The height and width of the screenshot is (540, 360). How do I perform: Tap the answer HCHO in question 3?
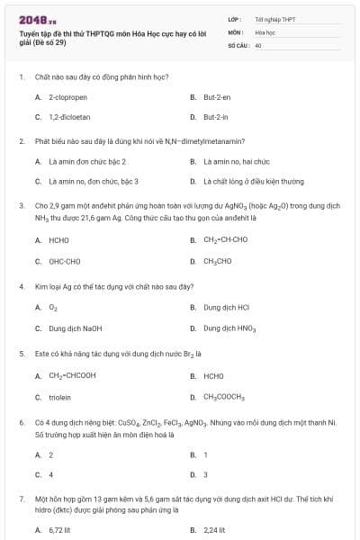tap(58, 240)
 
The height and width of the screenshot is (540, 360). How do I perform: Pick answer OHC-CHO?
tap(63, 261)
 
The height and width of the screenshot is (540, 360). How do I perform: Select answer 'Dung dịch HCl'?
tap(225, 307)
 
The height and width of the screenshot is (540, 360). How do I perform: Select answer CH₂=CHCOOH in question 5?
tap(72, 375)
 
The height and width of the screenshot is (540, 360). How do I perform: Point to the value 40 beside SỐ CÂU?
tap(258, 44)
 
